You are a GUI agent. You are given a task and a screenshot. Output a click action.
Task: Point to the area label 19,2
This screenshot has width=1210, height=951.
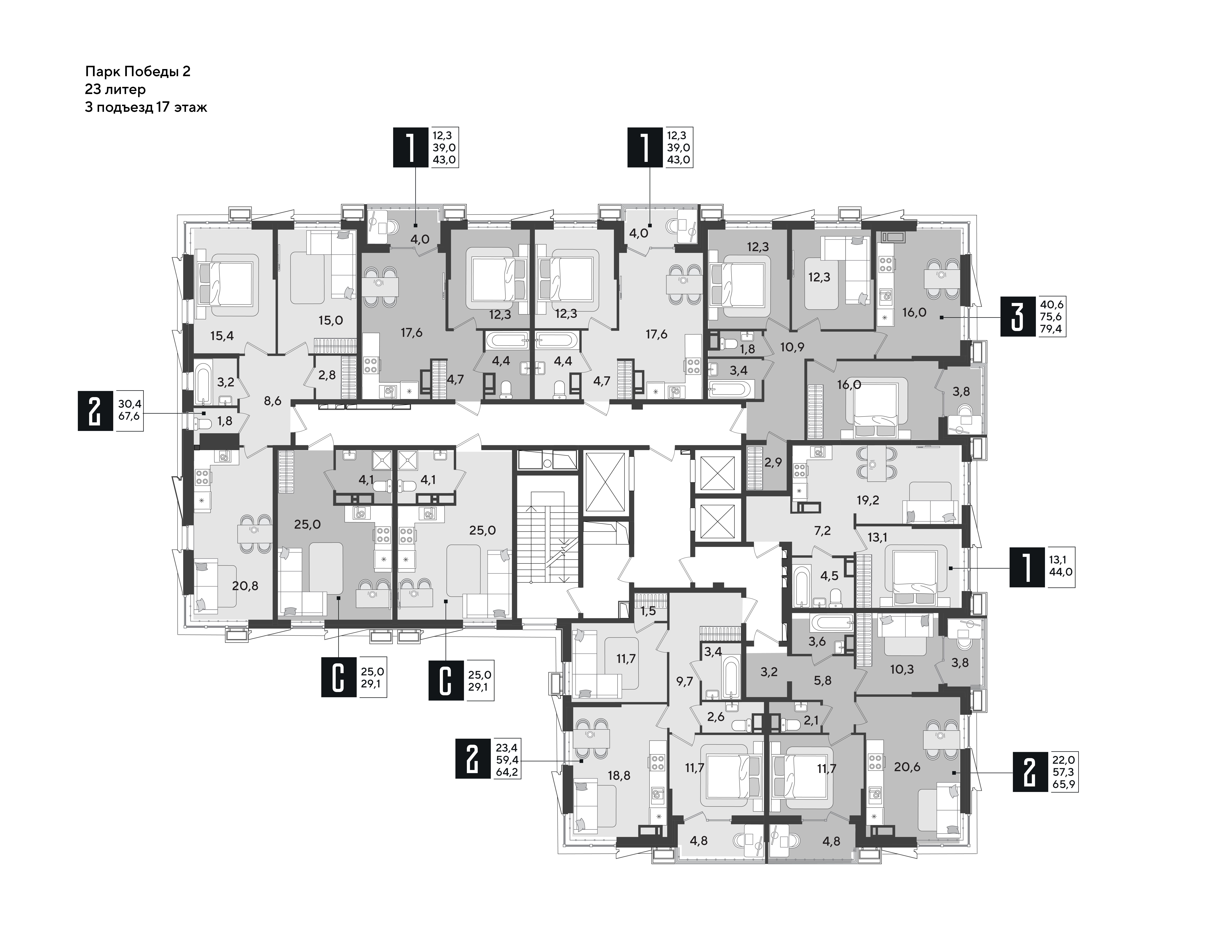[x=868, y=500]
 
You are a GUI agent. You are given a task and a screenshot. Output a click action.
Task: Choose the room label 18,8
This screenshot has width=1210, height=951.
[x=619, y=776]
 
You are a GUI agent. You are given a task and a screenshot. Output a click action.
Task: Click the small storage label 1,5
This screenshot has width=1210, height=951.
[x=648, y=611]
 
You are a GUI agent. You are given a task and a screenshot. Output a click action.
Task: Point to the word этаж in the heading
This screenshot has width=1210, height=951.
[x=191, y=108]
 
